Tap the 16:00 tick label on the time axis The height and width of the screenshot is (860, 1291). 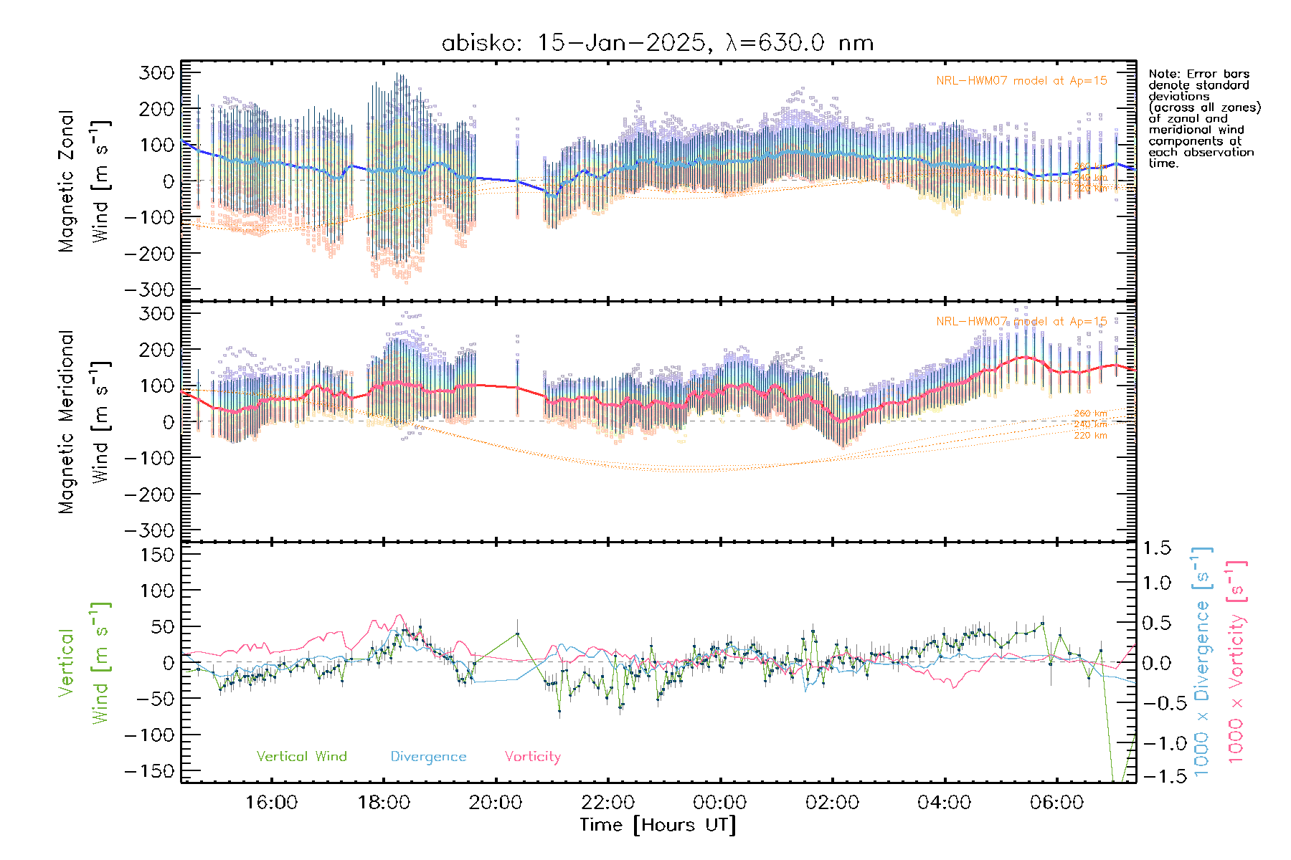click(271, 802)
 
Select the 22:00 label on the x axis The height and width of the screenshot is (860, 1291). click(607, 802)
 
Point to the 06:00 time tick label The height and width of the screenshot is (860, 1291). click(1056, 802)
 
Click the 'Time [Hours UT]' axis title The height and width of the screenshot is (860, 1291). click(658, 825)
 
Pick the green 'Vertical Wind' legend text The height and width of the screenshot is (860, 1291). click(301, 756)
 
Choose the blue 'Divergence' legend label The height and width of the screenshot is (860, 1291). click(428, 756)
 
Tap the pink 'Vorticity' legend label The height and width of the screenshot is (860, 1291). click(532, 756)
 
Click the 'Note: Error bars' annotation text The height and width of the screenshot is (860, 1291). click(1198, 74)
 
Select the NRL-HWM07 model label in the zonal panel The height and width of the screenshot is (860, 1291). click(1021, 81)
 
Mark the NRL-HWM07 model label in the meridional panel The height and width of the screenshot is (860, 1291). click(1021, 321)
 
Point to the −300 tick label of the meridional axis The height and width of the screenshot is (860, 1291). click(149, 530)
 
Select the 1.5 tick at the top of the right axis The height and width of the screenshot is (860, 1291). click(1157, 548)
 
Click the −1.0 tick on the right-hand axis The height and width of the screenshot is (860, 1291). click(1157, 743)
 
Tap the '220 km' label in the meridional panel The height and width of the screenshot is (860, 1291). click(1090, 435)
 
